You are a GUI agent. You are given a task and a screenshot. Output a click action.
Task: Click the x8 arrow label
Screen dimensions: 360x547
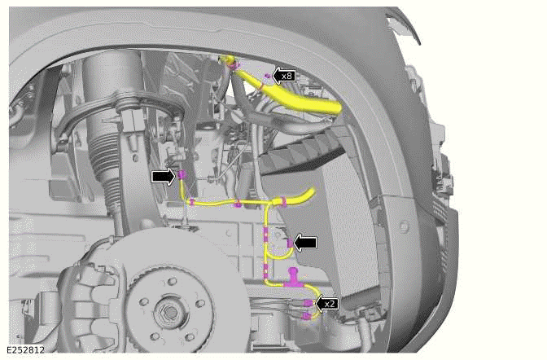click(x=283, y=76)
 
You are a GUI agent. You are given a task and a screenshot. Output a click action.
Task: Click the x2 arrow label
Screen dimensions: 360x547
click(x=327, y=303)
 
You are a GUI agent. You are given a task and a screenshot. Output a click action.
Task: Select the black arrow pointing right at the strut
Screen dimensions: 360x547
click(x=163, y=175)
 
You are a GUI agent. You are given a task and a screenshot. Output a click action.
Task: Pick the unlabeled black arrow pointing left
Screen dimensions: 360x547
click(x=307, y=242)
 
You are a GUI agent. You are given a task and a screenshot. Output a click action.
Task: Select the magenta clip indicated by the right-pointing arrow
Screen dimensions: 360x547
click(x=183, y=175)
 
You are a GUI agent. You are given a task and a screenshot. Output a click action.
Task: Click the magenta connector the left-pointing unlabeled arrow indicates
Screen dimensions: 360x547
click(x=290, y=243)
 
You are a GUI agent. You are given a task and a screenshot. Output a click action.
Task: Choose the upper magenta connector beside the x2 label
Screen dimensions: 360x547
click(x=307, y=303)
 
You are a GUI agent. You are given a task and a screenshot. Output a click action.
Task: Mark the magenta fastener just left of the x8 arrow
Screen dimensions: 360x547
click(x=266, y=76)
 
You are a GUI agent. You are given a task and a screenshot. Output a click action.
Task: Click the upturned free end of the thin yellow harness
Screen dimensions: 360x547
click(x=309, y=192)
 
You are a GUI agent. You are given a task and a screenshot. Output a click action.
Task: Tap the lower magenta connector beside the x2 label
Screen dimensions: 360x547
click(x=307, y=314)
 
